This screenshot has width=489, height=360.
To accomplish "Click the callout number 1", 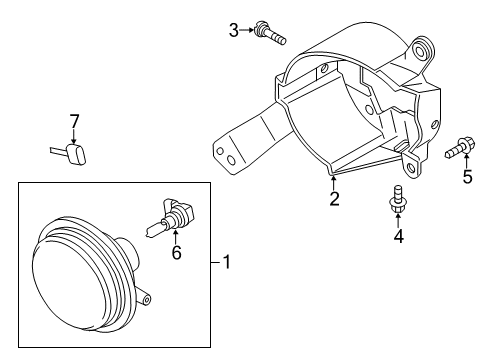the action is (227, 262).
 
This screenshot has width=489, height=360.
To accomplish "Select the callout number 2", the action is (334, 199).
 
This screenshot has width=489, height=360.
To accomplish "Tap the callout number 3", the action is (234, 31).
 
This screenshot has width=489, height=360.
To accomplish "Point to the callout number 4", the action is (399, 236).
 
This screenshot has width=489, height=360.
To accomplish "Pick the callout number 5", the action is (468, 177).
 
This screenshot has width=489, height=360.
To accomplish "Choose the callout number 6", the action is (176, 253).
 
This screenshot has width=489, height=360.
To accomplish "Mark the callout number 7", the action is (74, 121).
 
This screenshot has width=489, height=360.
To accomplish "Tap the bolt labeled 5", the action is (460, 148).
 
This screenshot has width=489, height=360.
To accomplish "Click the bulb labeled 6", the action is (170, 217).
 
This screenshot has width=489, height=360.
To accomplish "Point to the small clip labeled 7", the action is (69, 153).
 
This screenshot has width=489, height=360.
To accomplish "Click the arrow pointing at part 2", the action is (333, 183).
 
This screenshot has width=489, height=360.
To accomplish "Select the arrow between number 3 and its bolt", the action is (247, 30).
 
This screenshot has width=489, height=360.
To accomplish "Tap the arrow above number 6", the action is (176, 236).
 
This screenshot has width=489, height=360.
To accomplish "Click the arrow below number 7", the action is (74, 137).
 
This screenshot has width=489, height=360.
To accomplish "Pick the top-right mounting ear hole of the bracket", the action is (420, 50).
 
